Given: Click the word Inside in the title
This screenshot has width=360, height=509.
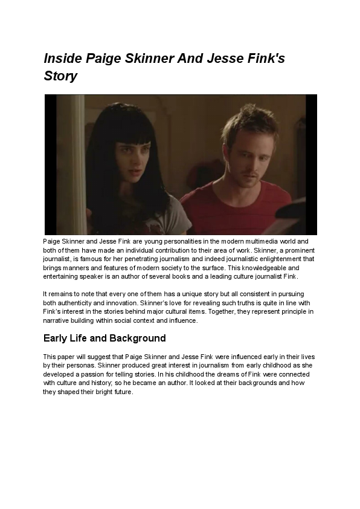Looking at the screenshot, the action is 63,59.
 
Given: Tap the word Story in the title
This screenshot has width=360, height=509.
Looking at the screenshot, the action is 60,77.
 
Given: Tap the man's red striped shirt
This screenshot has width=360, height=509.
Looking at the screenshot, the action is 242,209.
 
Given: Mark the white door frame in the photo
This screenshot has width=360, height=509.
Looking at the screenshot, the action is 79,163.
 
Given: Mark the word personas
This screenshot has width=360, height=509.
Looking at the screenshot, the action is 77,366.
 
